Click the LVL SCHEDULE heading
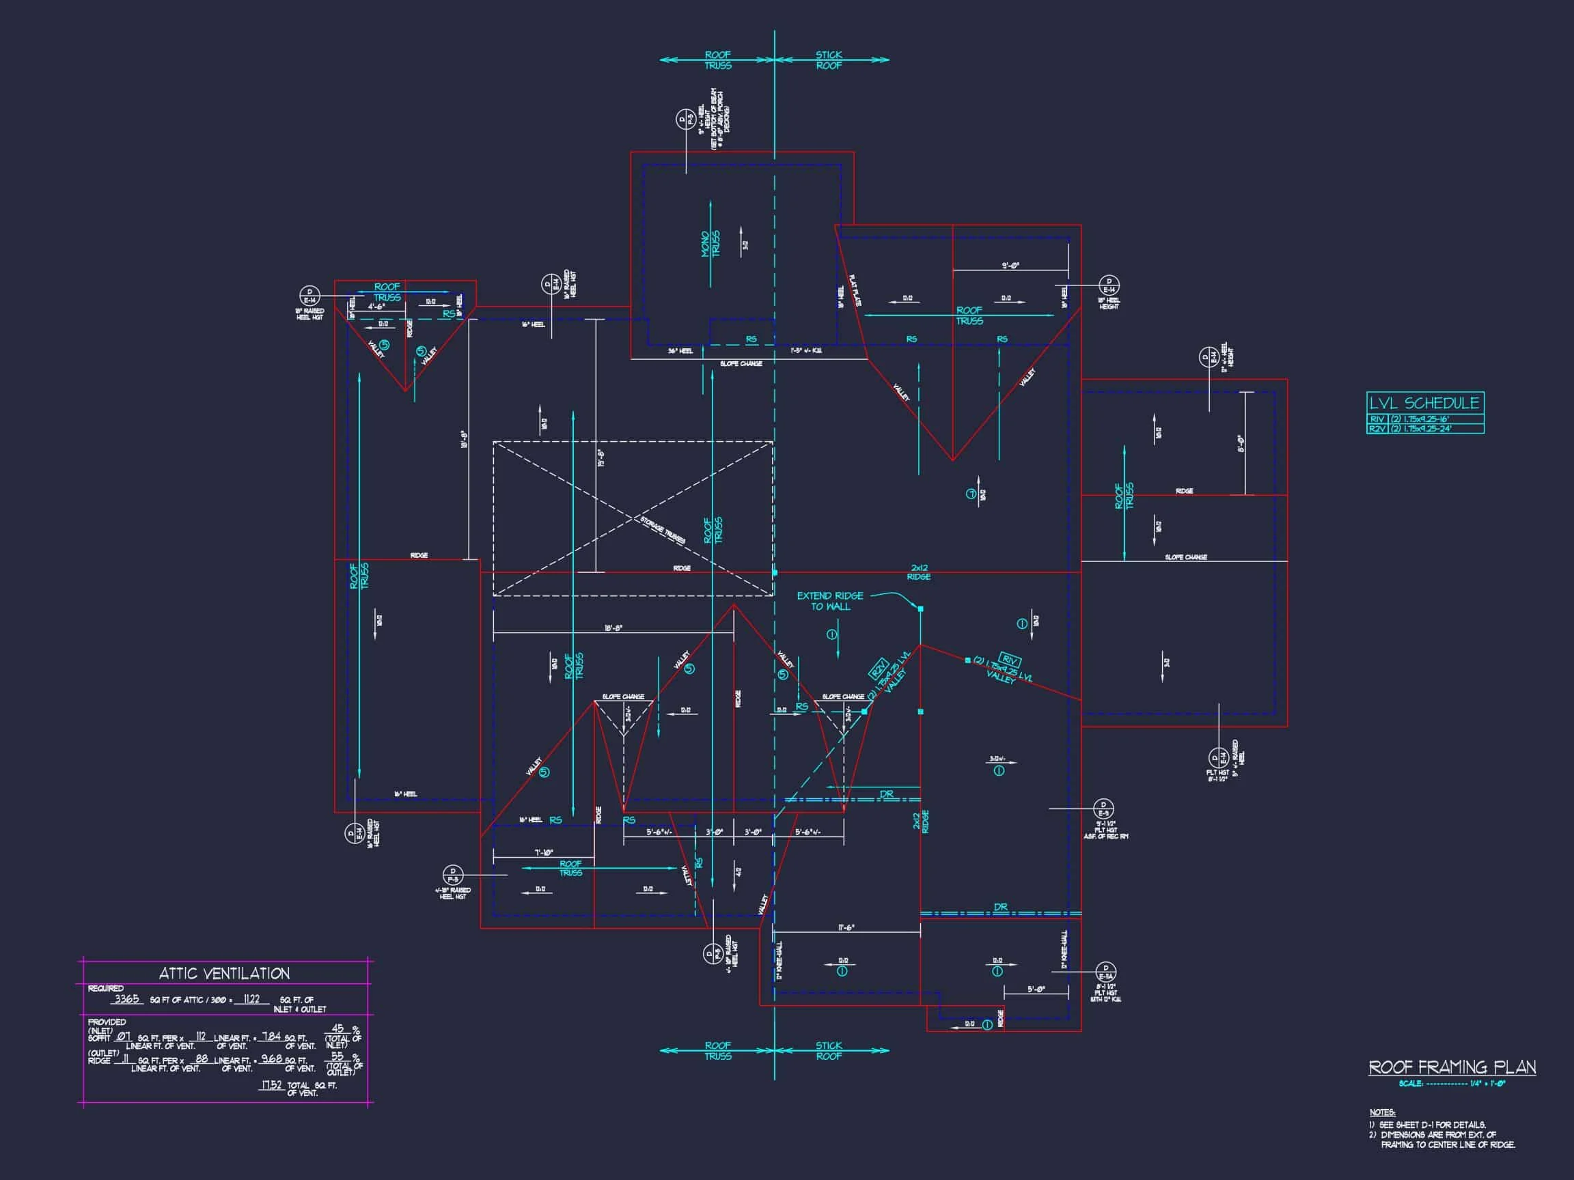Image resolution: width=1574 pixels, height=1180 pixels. pos(1424,403)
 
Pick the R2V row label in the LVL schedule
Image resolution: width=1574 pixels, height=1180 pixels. pos(1377,429)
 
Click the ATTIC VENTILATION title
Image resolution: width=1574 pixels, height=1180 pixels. pos(224,974)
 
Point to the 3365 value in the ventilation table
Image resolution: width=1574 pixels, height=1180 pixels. pos(126,998)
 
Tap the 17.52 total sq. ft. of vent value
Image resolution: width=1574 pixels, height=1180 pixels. pos(271,1085)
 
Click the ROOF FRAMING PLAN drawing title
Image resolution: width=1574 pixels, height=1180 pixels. pos(1452,1067)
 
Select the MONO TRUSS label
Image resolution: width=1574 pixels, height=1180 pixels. pos(710,244)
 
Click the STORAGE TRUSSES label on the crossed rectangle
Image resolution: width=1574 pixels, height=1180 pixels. pos(663,531)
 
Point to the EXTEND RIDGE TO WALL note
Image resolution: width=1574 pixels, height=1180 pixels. pos(829,601)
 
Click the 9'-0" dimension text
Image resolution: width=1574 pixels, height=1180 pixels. pos(1010,266)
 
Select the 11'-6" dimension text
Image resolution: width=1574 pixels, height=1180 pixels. pos(846,927)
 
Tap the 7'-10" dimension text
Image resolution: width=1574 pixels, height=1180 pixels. pos(544,852)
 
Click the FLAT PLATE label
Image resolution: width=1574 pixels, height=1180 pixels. pos(854,290)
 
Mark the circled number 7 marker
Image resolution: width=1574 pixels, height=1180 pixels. pos(971,494)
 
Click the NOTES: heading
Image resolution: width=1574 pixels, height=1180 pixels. pos(1383,1112)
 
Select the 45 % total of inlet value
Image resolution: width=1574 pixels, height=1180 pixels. pos(338,1028)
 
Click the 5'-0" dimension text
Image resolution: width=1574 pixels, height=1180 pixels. pos(1036,989)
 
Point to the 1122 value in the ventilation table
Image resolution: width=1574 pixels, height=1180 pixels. pos(251,998)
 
